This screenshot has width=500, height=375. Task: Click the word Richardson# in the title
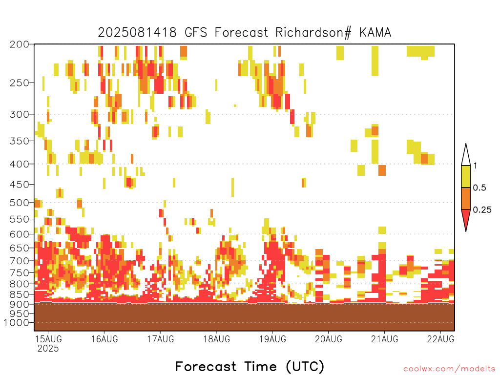[x=313, y=33]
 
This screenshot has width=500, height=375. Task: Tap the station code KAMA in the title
[x=375, y=33]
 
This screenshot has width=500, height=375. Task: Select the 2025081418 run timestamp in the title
[x=137, y=33]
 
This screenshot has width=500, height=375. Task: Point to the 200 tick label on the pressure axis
[x=19, y=44]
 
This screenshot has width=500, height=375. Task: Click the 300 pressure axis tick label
[x=19, y=114]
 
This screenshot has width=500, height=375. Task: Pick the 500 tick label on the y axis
[x=19, y=203]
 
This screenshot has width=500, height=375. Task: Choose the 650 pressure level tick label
[x=19, y=248]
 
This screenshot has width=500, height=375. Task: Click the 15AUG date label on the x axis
[x=48, y=339]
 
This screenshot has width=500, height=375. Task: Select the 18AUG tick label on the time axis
[x=216, y=339]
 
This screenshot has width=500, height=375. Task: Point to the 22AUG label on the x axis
[x=441, y=339]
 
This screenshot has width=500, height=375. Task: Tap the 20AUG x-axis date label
[x=329, y=339]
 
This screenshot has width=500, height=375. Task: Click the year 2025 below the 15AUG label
[x=48, y=349]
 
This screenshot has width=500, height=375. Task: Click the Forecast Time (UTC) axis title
[x=250, y=366]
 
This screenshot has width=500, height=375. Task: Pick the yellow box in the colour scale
[x=466, y=176]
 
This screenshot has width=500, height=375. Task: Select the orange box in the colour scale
[x=466, y=198]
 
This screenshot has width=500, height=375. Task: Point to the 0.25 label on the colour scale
[x=482, y=210]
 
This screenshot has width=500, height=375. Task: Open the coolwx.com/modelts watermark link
[x=449, y=369]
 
